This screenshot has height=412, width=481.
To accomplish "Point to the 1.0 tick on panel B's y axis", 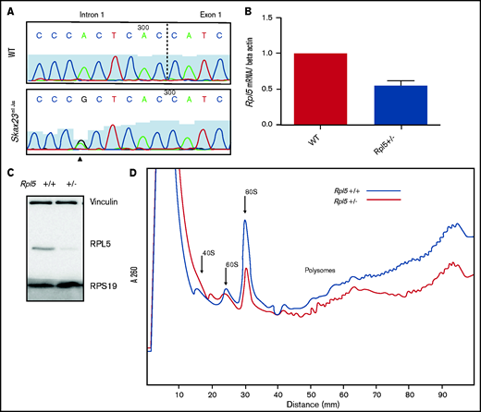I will [273, 54].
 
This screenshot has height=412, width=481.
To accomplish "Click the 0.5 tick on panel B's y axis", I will [273, 89].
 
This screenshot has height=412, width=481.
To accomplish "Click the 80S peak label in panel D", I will [251, 192].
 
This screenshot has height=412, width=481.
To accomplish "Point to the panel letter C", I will [8, 171].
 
